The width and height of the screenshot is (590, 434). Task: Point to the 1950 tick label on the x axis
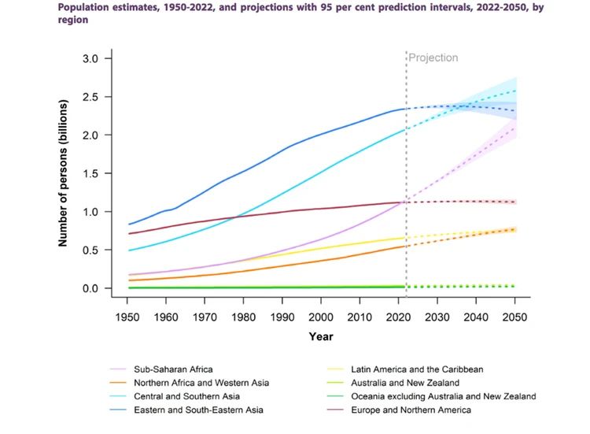(127, 317)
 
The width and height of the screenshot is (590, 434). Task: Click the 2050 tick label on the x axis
(514, 317)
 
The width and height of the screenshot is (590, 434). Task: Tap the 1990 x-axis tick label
(282, 317)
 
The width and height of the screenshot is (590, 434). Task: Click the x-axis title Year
(320, 336)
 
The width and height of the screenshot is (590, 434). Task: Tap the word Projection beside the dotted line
(433, 58)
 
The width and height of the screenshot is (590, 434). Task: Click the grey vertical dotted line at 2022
(406, 158)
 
